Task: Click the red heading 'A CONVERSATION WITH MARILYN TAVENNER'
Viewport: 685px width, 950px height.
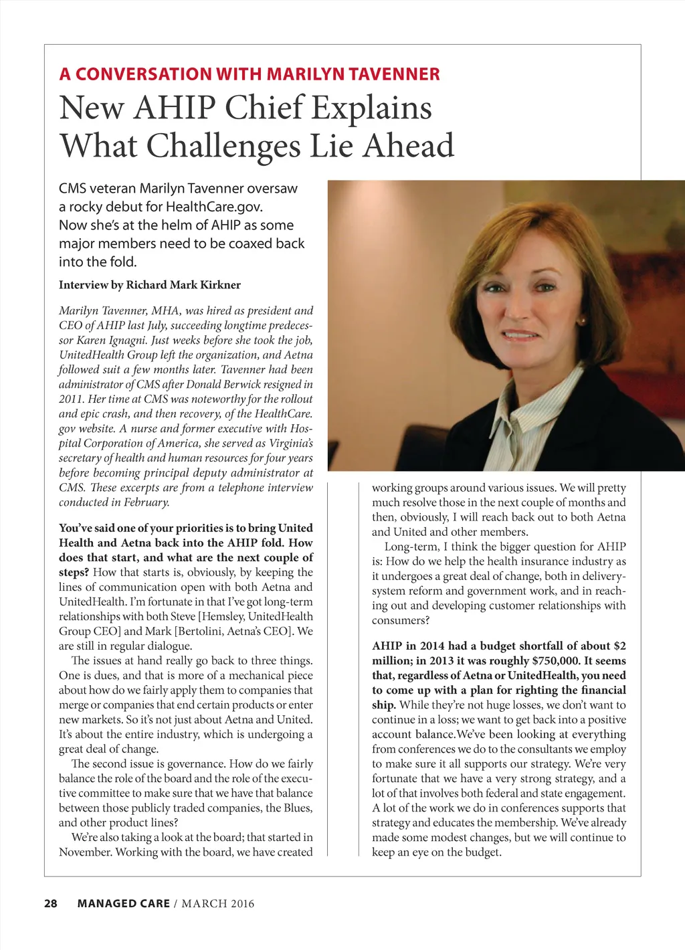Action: (250, 74)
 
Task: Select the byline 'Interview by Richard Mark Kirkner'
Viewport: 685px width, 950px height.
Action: (150, 285)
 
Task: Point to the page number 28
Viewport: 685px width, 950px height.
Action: (51, 904)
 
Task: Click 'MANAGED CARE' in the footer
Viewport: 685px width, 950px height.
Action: (124, 904)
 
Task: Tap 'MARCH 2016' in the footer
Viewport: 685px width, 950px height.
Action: (218, 904)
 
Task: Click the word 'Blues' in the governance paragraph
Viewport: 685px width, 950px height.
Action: (297, 808)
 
